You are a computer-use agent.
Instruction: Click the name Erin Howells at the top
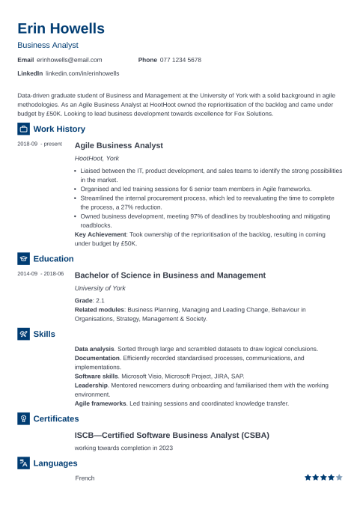click(x=61, y=28)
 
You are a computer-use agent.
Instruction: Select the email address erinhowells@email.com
click(x=69, y=59)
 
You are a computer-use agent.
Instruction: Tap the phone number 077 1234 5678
click(x=180, y=59)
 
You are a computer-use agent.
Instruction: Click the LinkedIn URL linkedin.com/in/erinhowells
click(x=82, y=73)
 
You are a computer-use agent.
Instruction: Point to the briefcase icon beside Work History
click(x=23, y=129)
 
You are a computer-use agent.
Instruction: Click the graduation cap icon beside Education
click(x=23, y=259)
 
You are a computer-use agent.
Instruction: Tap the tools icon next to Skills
click(x=23, y=333)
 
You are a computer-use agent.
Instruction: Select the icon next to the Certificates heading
click(x=23, y=418)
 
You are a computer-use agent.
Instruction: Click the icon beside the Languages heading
click(x=23, y=463)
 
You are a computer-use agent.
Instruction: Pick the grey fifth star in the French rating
click(x=339, y=477)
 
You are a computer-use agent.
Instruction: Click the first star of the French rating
click(x=307, y=477)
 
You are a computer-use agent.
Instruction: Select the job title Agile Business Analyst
click(x=119, y=145)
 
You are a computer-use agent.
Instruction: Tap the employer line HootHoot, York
click(x=97, y=159)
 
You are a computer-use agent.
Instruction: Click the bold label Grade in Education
click(x=83, y=300)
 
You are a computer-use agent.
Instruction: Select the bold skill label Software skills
click(x=96, y=376)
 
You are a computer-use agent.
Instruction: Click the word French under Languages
click(x=85, y=478)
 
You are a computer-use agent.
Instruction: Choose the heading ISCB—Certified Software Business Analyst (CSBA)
click(x=171, y=435)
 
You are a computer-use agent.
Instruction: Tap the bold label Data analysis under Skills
click(x=94, y=349)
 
